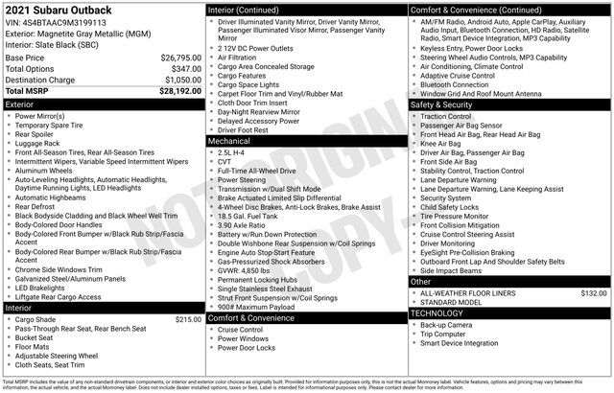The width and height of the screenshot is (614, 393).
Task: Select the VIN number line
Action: tap(56, 22)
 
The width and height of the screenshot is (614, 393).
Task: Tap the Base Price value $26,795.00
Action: tap(181, 58)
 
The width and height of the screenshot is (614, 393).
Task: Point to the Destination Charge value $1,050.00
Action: tap(181, 81)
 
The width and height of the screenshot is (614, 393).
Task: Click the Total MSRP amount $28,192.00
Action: tap(180, 92)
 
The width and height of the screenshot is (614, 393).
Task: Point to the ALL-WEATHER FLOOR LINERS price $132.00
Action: tap(594, 292)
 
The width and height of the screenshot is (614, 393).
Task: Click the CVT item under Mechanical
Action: tap(225, 161)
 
